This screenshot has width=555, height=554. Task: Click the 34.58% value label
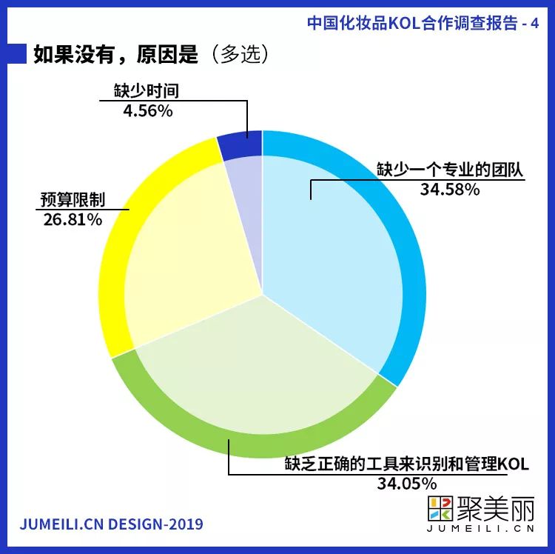450,189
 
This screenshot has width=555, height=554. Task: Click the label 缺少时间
147,92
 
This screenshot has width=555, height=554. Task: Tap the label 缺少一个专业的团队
450,170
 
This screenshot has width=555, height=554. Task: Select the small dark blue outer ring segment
240,143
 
